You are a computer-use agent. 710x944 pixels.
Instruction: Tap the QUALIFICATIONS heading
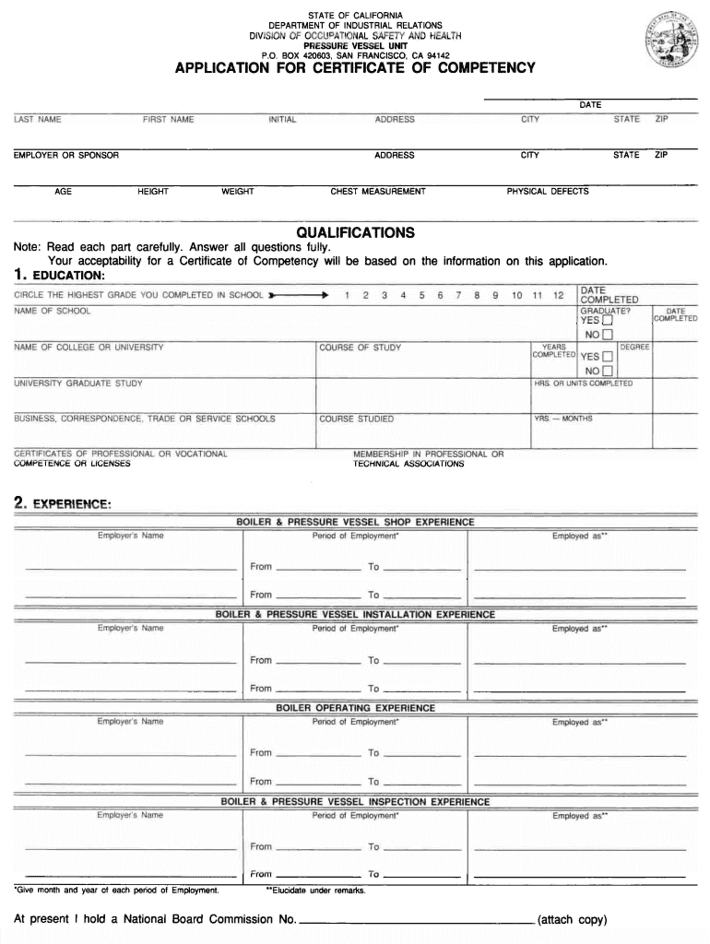[x=355, y=232]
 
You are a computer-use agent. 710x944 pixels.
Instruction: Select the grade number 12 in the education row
[x=557, y=295]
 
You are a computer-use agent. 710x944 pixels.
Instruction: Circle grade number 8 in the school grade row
[x=477, y=295]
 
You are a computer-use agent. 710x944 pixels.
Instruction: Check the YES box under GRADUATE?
[x=607, y=321]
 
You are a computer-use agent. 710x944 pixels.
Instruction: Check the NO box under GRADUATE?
[x=607, y=335]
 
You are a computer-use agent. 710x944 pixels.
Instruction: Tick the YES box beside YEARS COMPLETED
[x=607, y=357]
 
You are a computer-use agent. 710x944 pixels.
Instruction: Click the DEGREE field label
[x=635, y=347]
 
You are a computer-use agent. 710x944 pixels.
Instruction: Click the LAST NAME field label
[x=38, y=120]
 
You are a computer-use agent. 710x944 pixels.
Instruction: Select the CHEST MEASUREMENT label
[x=378, y=192]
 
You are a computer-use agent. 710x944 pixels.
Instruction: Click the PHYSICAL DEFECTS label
[x=548, y=192]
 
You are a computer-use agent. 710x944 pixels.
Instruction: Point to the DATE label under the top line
[x=590, y=105]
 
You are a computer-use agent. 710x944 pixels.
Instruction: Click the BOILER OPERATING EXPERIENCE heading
[x=355, y=708]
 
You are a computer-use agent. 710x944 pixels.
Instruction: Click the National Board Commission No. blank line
[x=415, y=919]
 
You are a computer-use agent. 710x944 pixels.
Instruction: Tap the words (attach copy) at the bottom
[x=572, y=919]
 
